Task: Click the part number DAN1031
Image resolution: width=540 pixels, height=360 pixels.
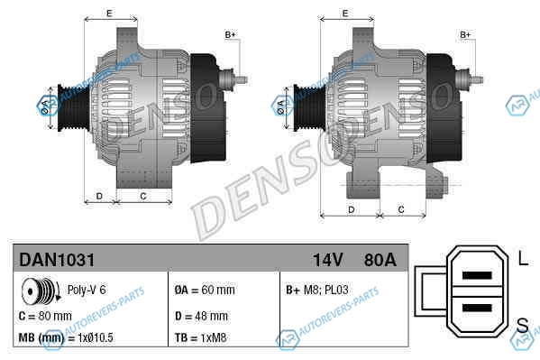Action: point(57,260)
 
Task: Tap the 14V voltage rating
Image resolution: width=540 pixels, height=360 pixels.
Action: point(328,260)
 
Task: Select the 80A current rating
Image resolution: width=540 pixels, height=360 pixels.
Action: point(380,260)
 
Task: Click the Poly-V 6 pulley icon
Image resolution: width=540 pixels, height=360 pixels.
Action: point(41,291)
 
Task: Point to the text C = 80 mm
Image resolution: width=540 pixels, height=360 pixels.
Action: point(45,316)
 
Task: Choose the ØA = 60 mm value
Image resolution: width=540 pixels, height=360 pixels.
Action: point(205,290)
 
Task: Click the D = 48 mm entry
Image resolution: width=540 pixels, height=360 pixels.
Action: point(201,316)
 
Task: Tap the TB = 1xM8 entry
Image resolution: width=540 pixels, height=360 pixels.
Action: point(200,337)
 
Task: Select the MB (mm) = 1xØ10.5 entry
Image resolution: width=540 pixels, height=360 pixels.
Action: point(66,337)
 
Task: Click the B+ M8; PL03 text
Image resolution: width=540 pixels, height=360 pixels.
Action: point(317,290)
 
